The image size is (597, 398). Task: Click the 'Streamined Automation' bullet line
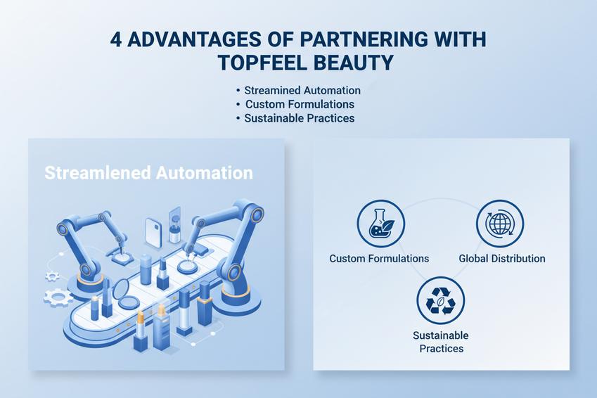click(302, 91)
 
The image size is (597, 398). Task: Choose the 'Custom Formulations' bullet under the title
click(299, 104)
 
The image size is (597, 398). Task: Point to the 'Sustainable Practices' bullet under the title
click(299, 118)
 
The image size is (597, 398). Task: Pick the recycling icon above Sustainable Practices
click(440, 301)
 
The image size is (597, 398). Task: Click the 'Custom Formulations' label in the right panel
click(379, 259)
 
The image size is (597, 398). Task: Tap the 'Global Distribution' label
click(502, 259)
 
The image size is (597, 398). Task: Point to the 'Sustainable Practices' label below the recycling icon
click(441, 342)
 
